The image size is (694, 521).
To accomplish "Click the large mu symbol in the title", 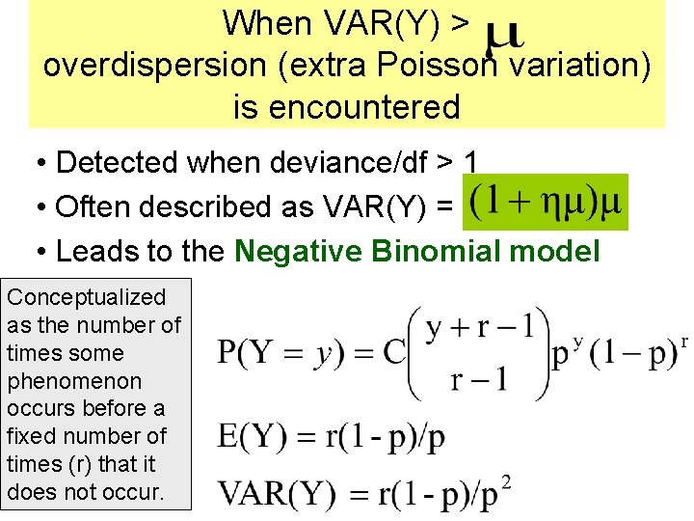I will pyautogui.click(x=503, y=37).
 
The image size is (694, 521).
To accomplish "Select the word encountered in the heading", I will pyautogui.click(x=346, y=106).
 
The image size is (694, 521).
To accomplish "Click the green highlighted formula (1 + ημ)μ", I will pyautogui.click(x=546, y=203).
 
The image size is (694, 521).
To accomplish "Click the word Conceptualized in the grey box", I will pyautogui.click(x=86, y=297).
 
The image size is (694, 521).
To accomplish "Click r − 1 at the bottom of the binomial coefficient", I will pyautogui.click(x=479, y=377).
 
